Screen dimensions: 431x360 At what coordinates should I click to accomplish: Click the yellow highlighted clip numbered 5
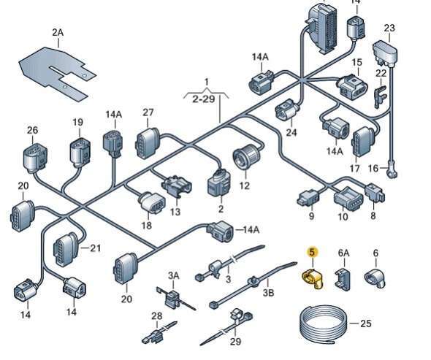pos(313,279)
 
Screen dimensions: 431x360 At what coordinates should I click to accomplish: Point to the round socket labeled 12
pos(246,156)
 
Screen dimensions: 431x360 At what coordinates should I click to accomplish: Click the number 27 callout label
pos(148,112)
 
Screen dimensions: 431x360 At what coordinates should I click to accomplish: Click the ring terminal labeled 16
pos(392,170)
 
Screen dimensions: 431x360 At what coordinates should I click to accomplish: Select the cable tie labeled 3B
pos(253,284)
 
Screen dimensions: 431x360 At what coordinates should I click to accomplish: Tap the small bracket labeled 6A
pos(343,279)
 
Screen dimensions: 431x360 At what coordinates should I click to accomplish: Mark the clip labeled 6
pos(375,278)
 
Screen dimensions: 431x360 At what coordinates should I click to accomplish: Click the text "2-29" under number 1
pos(203,99)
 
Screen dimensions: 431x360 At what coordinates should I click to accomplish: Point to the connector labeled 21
pos(66,249)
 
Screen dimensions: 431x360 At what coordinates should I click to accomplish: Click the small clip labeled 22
pos(381,96)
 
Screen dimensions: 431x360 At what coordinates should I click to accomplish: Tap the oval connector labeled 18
pos(152,203)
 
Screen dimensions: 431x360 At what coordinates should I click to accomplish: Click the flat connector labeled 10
pos(348,199)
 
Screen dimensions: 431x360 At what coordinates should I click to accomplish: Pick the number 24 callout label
pos(291,132)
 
